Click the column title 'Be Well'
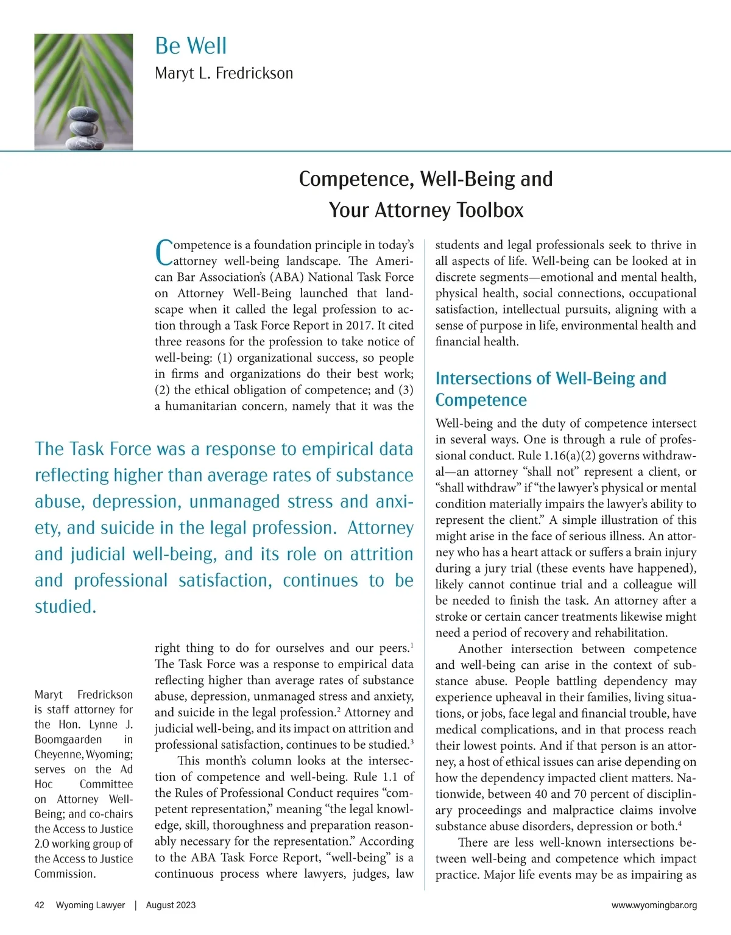click(x=191, y=46)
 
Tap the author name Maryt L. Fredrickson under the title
click(x=224, y=74)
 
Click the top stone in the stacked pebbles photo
click(x=82, y=115)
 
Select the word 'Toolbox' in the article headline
click(x=490, y=210)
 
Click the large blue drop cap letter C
click(x=163, y=253)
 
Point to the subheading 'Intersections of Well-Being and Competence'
click(x=550, y=389)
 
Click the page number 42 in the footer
click(x=40, y=905)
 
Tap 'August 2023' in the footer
click(x=171, y=905)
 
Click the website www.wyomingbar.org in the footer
click(x=654, y=905)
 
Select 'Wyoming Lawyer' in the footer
click(x=90, y=905)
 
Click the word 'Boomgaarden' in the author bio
click(x=68, y=739)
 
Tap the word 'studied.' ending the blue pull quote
click(x=65, y=607)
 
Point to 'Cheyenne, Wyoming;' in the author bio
click(x=83, y=754)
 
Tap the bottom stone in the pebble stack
click(x=85, y=143)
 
